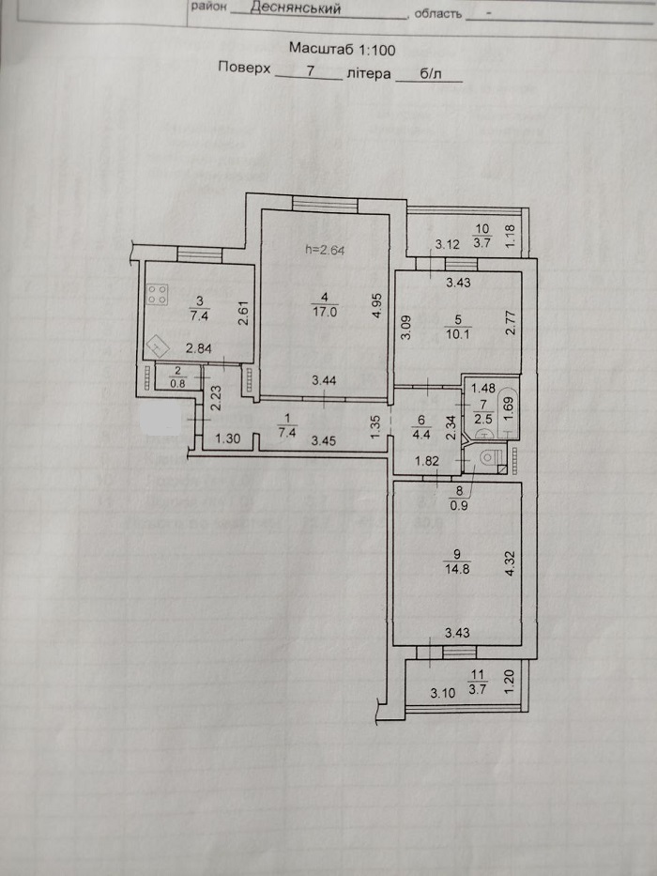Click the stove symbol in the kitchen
[x=158, y=294]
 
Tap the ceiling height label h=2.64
[x=325, y=250]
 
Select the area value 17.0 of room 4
[x=325, y=312]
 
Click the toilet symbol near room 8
[x=488, y=458]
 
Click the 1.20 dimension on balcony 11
[x=509, y=683]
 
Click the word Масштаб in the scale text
[x=320, y=49]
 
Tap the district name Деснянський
[x=296, y=8]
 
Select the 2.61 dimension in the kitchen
[x=242, y=313]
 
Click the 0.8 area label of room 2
[x=177, y=383]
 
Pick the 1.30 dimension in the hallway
[x=227, y=438]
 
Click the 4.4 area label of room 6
[x=421, y=435]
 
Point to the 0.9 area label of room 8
[x=460, y=506]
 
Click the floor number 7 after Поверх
[x=311, y=71]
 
